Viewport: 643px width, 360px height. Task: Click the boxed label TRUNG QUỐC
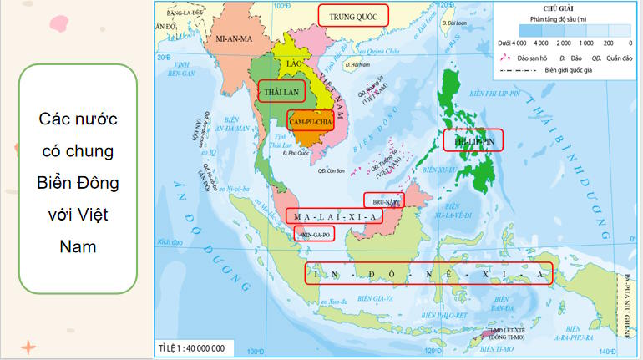[353, 15]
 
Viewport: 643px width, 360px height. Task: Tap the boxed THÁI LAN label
[281, 90]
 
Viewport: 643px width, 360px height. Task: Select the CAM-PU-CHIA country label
[311, 121]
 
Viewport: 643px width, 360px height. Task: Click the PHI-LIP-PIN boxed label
[473, 143]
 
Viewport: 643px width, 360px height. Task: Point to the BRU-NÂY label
[383, 200]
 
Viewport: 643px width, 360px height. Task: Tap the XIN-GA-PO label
[314, 235]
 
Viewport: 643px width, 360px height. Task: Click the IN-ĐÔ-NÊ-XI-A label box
[429, 274]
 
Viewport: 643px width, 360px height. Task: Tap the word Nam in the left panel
[77, 246]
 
